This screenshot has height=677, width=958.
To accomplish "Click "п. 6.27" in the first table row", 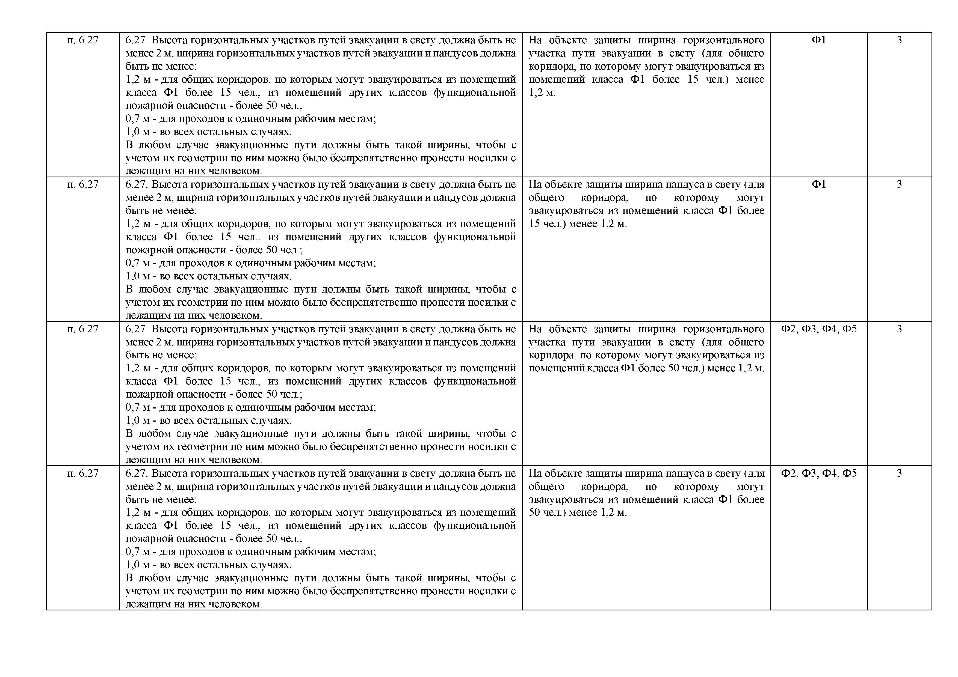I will [x=83, y=40].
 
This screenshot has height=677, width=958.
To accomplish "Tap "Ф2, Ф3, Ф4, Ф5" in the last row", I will [x=819, y=473].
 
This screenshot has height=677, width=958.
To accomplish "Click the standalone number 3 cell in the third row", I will [x=899, y=329].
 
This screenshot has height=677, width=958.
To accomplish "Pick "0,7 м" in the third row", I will [x=138, y=407].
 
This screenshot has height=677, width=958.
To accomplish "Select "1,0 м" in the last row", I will [x=138, y=565].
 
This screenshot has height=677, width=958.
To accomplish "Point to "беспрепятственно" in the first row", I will [x=374, y=158].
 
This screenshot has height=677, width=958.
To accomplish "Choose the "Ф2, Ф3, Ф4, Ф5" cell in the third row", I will [x=819, y=329].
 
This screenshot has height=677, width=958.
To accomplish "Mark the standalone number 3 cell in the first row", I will [x=899, y=40].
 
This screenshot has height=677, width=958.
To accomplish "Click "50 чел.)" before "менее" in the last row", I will [x=547, y=512].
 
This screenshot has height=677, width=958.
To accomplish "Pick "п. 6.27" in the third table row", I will [x=83, y=329].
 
